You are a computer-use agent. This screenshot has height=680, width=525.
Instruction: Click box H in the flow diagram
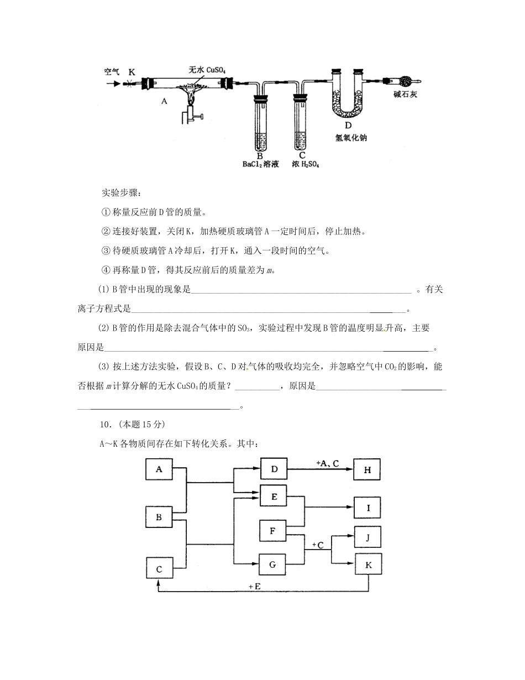[x=368, y=470]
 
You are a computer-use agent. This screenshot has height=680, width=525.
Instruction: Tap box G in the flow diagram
[x=272, y=564]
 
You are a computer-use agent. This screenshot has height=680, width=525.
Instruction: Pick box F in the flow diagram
[x=272, y=531]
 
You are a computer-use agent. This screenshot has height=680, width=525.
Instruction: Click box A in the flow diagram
[x=159, y=469]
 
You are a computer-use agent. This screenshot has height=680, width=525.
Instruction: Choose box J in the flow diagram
[x=368, y=536]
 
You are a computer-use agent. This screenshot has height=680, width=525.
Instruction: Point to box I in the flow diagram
[x=368, y=507]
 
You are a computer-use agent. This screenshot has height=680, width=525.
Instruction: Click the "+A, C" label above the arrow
[x=327, y=463]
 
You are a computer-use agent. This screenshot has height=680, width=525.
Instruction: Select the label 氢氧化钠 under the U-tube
[x=351, y=138]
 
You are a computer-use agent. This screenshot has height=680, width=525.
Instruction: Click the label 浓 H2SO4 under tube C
[x=305, y=164]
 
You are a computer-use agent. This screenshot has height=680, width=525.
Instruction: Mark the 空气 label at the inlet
[x=112, y=72]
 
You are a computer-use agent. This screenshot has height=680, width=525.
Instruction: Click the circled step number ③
[x=107, y=250]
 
